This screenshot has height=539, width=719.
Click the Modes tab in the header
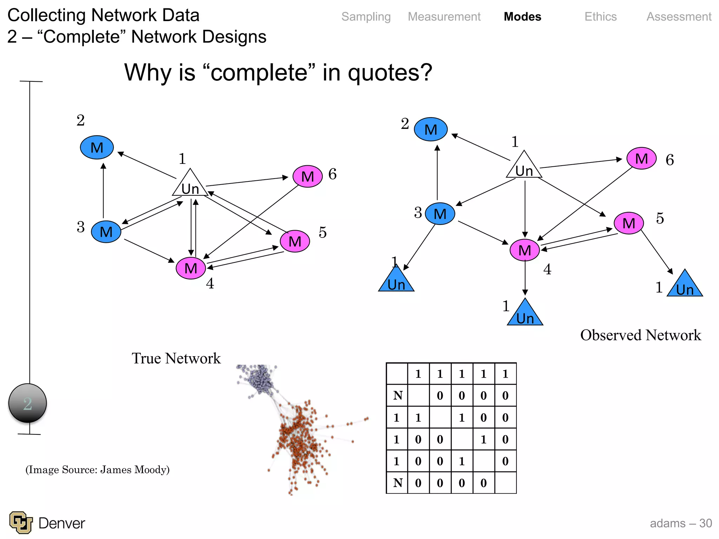click(x=522, y=17)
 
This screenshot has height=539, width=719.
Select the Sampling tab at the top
click(x=366, y=17)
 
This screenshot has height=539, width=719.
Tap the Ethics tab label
click(x=600, y=17)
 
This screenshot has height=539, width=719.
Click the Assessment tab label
click(x=679, y=17)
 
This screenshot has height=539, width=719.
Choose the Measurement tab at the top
click(x=444, y=17)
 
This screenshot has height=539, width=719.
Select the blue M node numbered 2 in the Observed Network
click(x=430, y=129)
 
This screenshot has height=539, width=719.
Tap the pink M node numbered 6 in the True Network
click(x=308, y=177)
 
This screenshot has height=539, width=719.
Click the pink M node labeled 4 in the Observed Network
click(x=525, y=250)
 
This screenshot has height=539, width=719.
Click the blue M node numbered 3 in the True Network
click(x=106, y=232)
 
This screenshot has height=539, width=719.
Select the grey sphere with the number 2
click(x=28, y=403)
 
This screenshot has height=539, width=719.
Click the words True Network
click(x=176, y=359)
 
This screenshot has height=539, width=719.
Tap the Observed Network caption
click(x=640, y=335)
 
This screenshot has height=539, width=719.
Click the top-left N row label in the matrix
click(x=397, y=396)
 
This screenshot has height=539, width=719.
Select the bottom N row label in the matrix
click(x=397, y=483)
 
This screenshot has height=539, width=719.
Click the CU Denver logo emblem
click(x=21, y=523)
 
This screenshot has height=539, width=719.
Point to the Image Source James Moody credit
click(x=97, y=470)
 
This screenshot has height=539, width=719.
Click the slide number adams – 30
click(x=680, y=523)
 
